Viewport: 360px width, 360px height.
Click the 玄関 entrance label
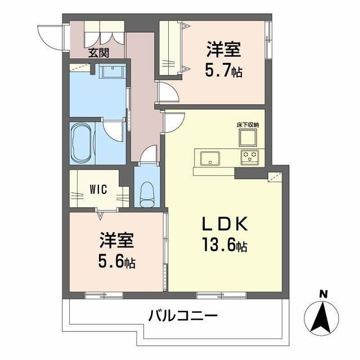(x=98, y=53)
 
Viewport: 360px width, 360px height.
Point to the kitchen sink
(x=210, y=157)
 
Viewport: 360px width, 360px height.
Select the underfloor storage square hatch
(x=248, y=137)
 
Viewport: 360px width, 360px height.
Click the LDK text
(x=224, y=224)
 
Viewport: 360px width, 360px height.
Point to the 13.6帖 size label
(x=224, y=246)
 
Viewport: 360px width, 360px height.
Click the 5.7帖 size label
(x=223, y=71)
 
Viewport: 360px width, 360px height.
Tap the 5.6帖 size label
(x=117, y=262)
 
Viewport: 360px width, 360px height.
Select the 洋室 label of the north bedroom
(x=223, y=51)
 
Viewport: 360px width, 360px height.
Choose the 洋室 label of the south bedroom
(x=117, y=241)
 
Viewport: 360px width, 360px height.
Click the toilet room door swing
(x=148, y=155)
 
